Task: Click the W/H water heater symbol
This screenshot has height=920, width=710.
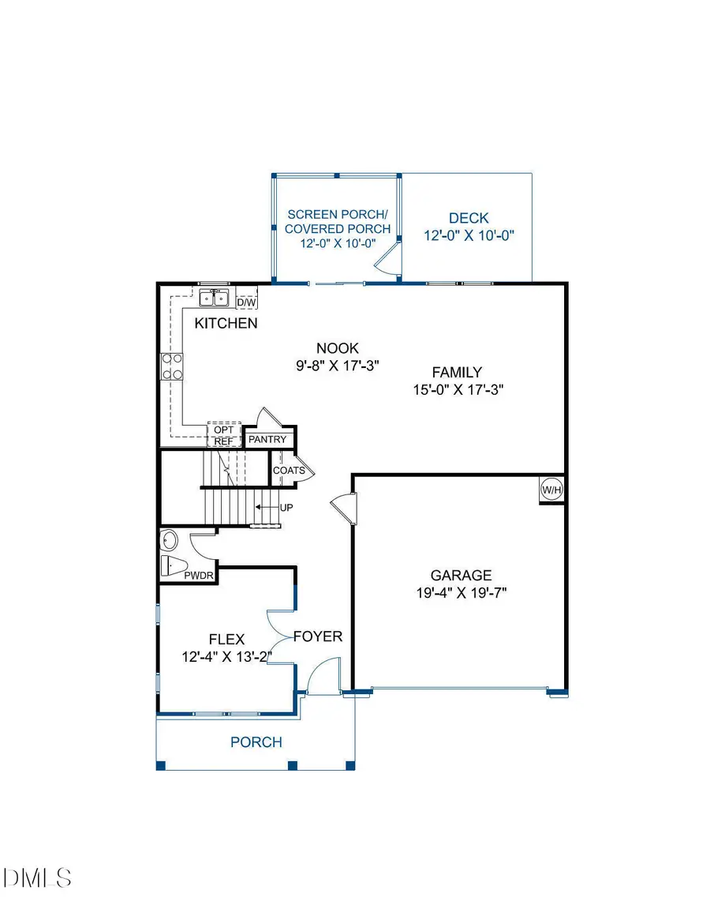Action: pos(551,490)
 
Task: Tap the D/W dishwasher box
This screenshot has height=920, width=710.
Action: pos(246,302)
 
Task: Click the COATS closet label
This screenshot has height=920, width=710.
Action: pos(289,471)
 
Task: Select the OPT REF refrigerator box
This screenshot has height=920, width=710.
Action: pos(224,435)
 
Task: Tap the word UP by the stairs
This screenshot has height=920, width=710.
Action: pos(286,507)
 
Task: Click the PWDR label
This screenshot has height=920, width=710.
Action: pos(200,576)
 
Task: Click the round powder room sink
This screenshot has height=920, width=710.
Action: pos(170,541)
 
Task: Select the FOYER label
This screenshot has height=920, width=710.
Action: pos(318,636)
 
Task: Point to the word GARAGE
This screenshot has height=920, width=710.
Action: pos(461,576)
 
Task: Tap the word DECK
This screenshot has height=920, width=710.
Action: pos(469,218)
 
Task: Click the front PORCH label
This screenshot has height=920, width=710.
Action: pos(256,742)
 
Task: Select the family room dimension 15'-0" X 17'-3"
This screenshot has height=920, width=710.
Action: pos(457,389)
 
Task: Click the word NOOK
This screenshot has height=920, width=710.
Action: pos(338,348)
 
